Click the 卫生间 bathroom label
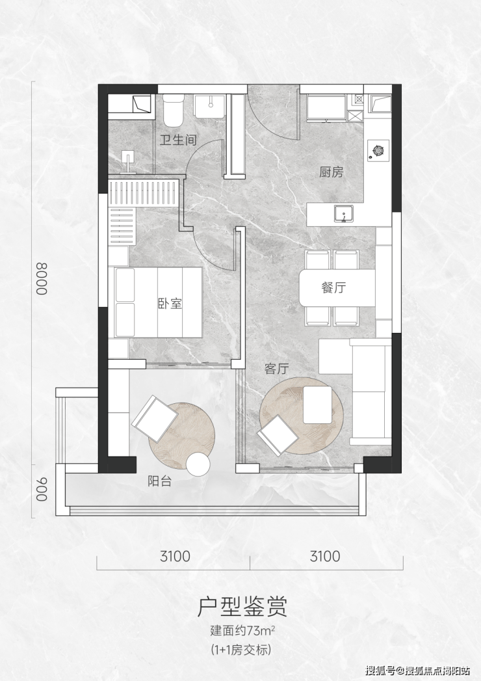(x=178, y=140)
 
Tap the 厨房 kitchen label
(x=331, y=172)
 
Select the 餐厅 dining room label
(x=333, y=287)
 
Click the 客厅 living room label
(x=276, y=369)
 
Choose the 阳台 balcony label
(x=159, y=481)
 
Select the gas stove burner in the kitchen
(x=378, y=151)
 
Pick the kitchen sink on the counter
(x=344, y=214)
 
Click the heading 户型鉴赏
(x=242, y=607)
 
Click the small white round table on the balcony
(x=198, y=464)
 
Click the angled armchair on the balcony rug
(x=155, y=419)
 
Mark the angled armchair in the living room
(x=278, y=435)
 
